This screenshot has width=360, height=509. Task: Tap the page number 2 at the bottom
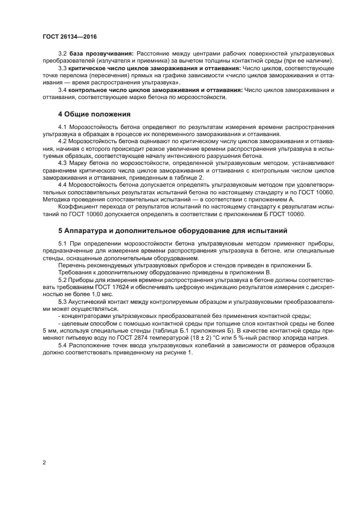point(44,462)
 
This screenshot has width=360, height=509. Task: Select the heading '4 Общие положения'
point(94,114)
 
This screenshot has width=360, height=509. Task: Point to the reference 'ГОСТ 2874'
point(131,338)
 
